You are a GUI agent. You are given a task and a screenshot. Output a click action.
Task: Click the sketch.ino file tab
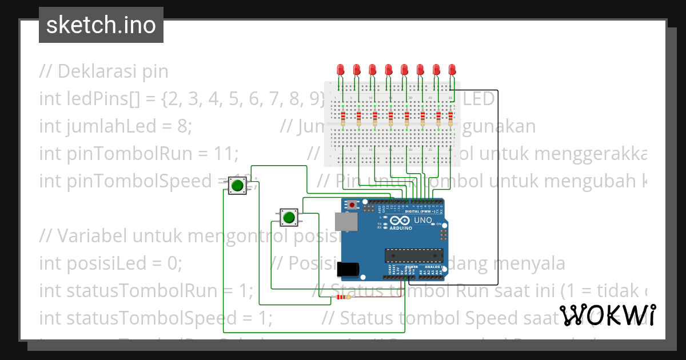pyautogui.click(x=101, y=25)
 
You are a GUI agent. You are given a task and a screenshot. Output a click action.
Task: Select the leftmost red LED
pyautogui.click(x=341, y=70)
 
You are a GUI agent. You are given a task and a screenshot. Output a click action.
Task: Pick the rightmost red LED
pyautogui.click(x=452, y=70)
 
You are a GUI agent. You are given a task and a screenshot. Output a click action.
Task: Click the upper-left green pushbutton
pyautogui.click(x=237, y=186)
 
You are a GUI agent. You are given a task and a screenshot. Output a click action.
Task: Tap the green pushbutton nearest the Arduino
pyautogui.click(x=289, y=217)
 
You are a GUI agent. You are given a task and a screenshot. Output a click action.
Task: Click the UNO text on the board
pyautogui.click(x=423, y=220)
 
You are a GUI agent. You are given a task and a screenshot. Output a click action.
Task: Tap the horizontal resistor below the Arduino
pyautogui.click(x=343, y=297)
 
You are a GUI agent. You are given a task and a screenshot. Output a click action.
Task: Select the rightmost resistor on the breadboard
pyautogui.click(x=450, y=118)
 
